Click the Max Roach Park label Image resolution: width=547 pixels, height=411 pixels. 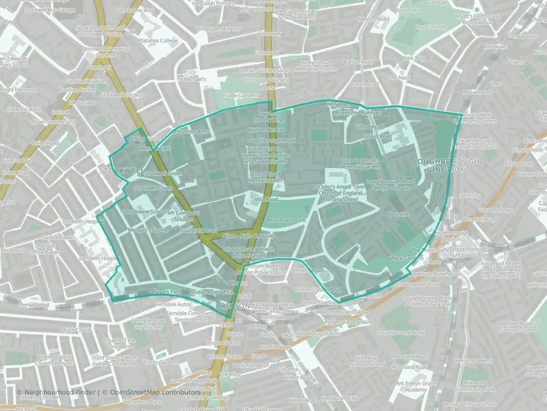[x=287, y=220]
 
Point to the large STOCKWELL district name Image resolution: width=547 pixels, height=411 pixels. [x=121, y=171]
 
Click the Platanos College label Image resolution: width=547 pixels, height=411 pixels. [x=161, y=41]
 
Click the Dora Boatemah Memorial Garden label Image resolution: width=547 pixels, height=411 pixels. [x=360, y=163]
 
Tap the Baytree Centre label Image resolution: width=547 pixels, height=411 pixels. [x=265, y=130]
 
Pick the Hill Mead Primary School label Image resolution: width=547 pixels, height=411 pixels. [x=366, y=361]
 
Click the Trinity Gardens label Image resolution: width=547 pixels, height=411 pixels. [x=161, y=362]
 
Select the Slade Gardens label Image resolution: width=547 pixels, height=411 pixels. [x=241, y=95]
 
